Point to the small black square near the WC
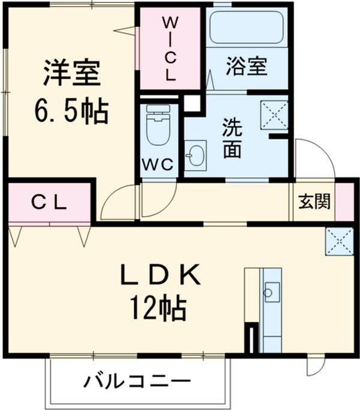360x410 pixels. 191,103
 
